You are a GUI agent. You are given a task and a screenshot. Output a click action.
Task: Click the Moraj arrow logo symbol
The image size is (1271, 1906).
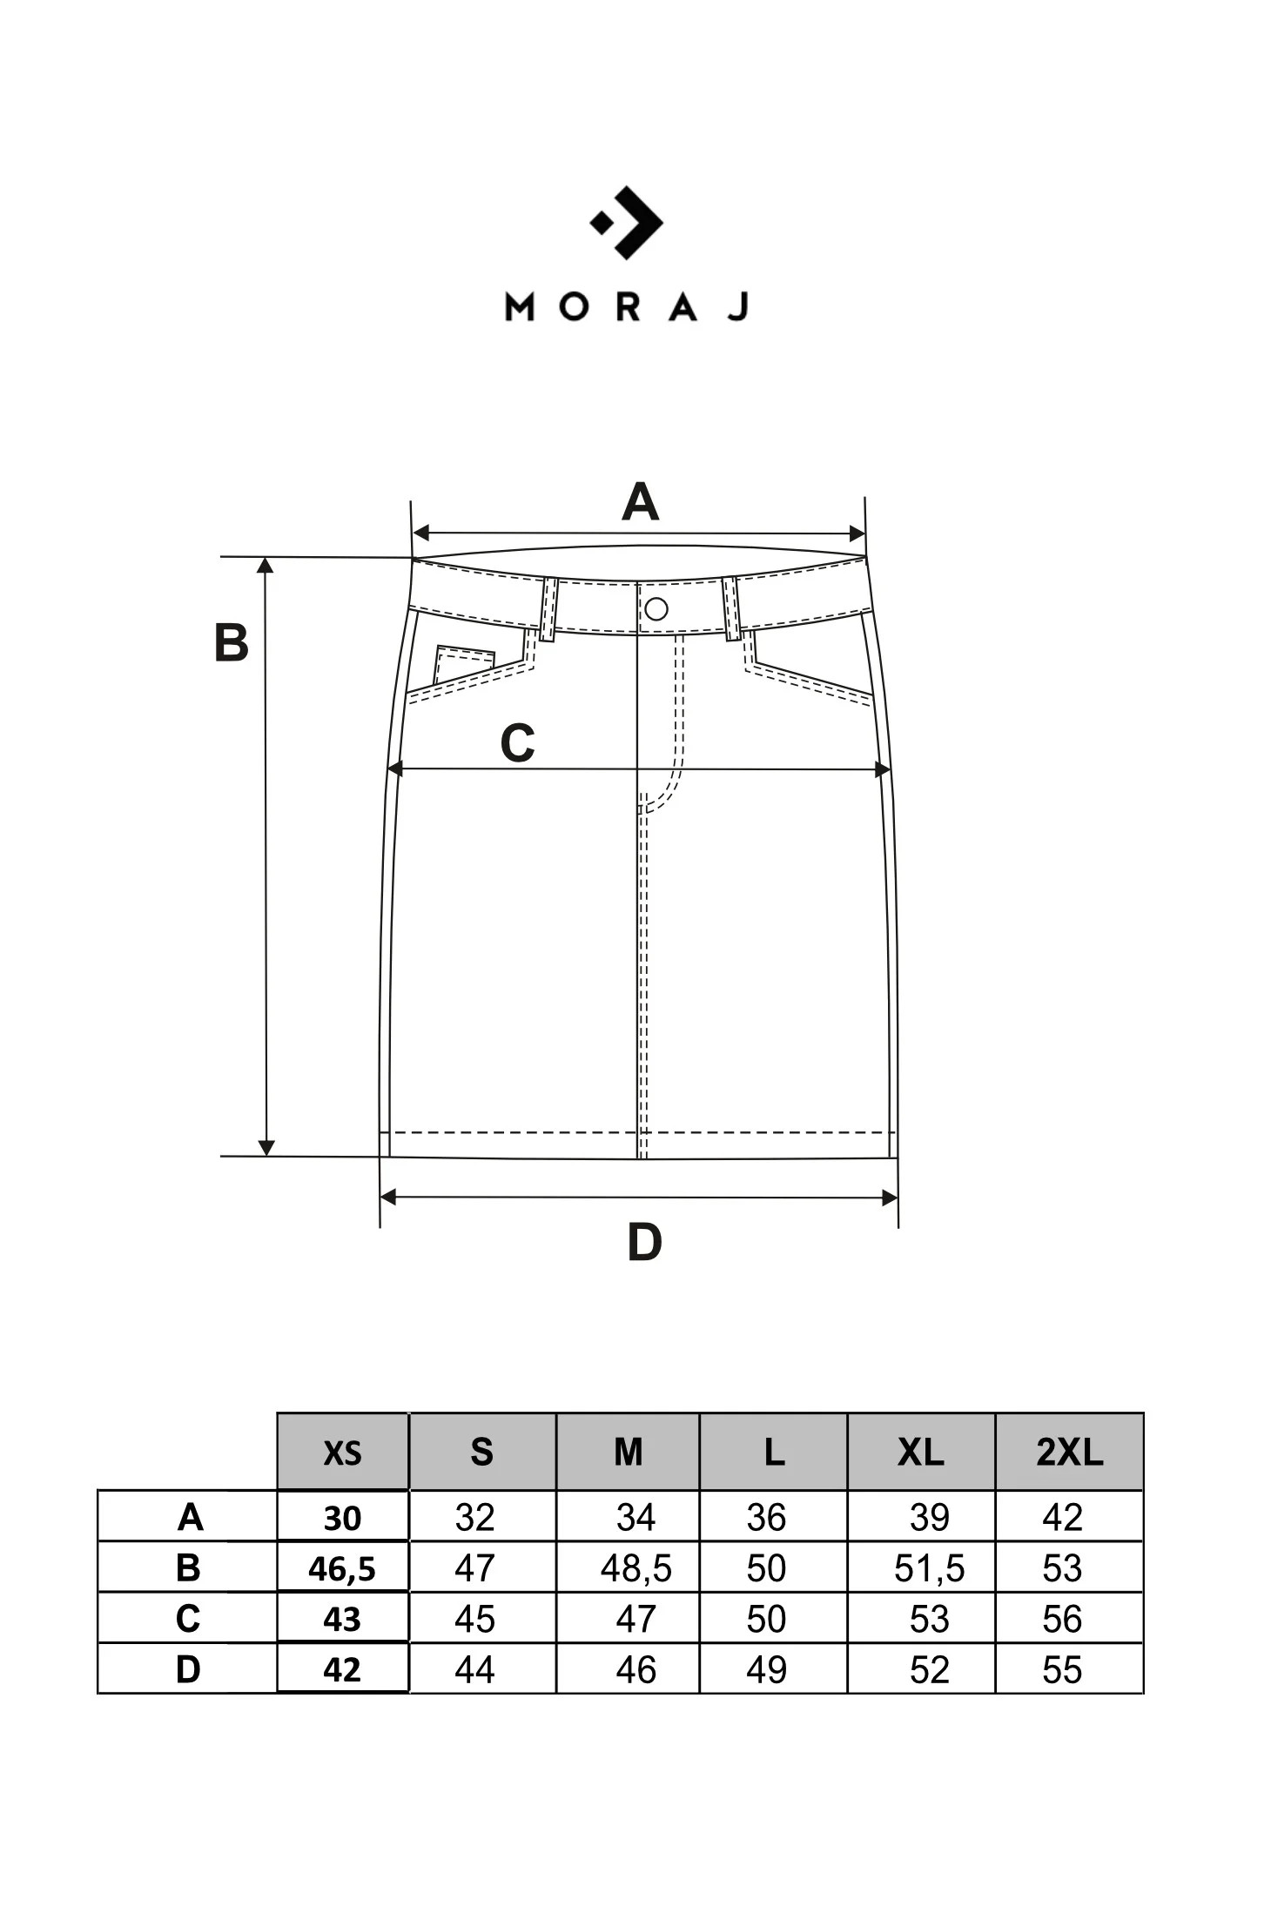(x=627, y=223)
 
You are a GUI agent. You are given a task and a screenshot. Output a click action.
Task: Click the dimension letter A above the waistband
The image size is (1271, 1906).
(x=640, y=502)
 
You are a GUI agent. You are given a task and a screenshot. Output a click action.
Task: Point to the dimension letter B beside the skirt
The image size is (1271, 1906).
(x=232, y=644)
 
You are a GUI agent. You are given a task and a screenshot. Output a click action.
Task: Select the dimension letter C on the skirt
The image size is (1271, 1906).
(x=517, y=744)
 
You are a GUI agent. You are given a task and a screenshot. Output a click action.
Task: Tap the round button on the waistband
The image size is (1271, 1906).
(x=656, y=608)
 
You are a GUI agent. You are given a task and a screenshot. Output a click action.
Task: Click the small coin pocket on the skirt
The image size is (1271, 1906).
(x=463, y=664)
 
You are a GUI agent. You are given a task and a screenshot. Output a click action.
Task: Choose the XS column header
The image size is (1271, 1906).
(x=342, y=1453)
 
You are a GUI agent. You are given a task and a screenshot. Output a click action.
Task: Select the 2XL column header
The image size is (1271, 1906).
(x=1069, y=1452)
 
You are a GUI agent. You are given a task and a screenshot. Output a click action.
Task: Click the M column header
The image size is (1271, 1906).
(x=628, y=1452)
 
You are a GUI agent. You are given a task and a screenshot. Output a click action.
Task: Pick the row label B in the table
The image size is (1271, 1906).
(x=188, y=1567)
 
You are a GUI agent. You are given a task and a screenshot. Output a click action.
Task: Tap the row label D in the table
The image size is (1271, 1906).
(x=188, y=1668)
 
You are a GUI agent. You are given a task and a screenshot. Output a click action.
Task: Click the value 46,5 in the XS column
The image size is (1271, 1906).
(x=342, y=1568)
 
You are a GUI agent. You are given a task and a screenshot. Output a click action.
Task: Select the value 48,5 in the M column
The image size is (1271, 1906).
(x=635, y=1568)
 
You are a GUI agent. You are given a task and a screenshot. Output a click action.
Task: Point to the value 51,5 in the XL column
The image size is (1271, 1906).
(x=929, y=1568)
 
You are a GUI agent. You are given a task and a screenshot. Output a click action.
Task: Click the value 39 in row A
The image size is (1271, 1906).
(x=929, y=1518)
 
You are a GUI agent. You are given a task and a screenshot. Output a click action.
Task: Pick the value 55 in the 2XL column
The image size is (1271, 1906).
(x=1062, y=1669)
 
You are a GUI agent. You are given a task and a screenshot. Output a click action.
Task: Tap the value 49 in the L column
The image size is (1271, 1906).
(x=766, y=1669)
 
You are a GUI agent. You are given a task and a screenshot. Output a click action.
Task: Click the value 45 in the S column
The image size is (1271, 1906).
(x=474, y=1619)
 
